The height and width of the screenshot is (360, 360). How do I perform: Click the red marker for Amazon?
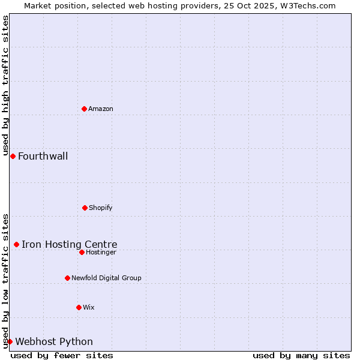coord(84,109)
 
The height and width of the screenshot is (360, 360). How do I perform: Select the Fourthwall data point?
coord(13,156)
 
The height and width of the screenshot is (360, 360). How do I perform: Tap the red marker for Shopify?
coord(85,208)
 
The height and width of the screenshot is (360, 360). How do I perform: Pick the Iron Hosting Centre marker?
coord(16,244)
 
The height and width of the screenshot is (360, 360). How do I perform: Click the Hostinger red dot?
coord(82,252)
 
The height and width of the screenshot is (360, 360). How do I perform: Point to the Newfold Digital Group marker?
coord(67,278)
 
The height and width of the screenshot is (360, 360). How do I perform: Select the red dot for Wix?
coord(79,307)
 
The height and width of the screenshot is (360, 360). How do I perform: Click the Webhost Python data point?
coord(10,341)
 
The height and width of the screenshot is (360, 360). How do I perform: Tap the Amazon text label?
coord(101,109)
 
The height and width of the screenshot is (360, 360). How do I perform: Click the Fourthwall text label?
coord(43,157)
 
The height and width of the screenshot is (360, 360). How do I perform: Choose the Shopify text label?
coord(101,208)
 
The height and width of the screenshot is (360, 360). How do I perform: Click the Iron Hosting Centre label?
coord(70,244)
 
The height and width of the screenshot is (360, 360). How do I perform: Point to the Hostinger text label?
coord(101,252)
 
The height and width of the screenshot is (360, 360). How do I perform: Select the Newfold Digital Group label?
coord(106,278)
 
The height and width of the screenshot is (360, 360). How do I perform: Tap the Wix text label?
coord(89,307)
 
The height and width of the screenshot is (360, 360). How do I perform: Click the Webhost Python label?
coord(54,342)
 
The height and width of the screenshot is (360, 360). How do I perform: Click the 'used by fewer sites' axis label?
coord(62,355)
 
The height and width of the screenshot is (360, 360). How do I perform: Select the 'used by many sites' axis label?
coord(301,355)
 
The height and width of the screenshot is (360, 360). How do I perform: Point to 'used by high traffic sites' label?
coord(5,86)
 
